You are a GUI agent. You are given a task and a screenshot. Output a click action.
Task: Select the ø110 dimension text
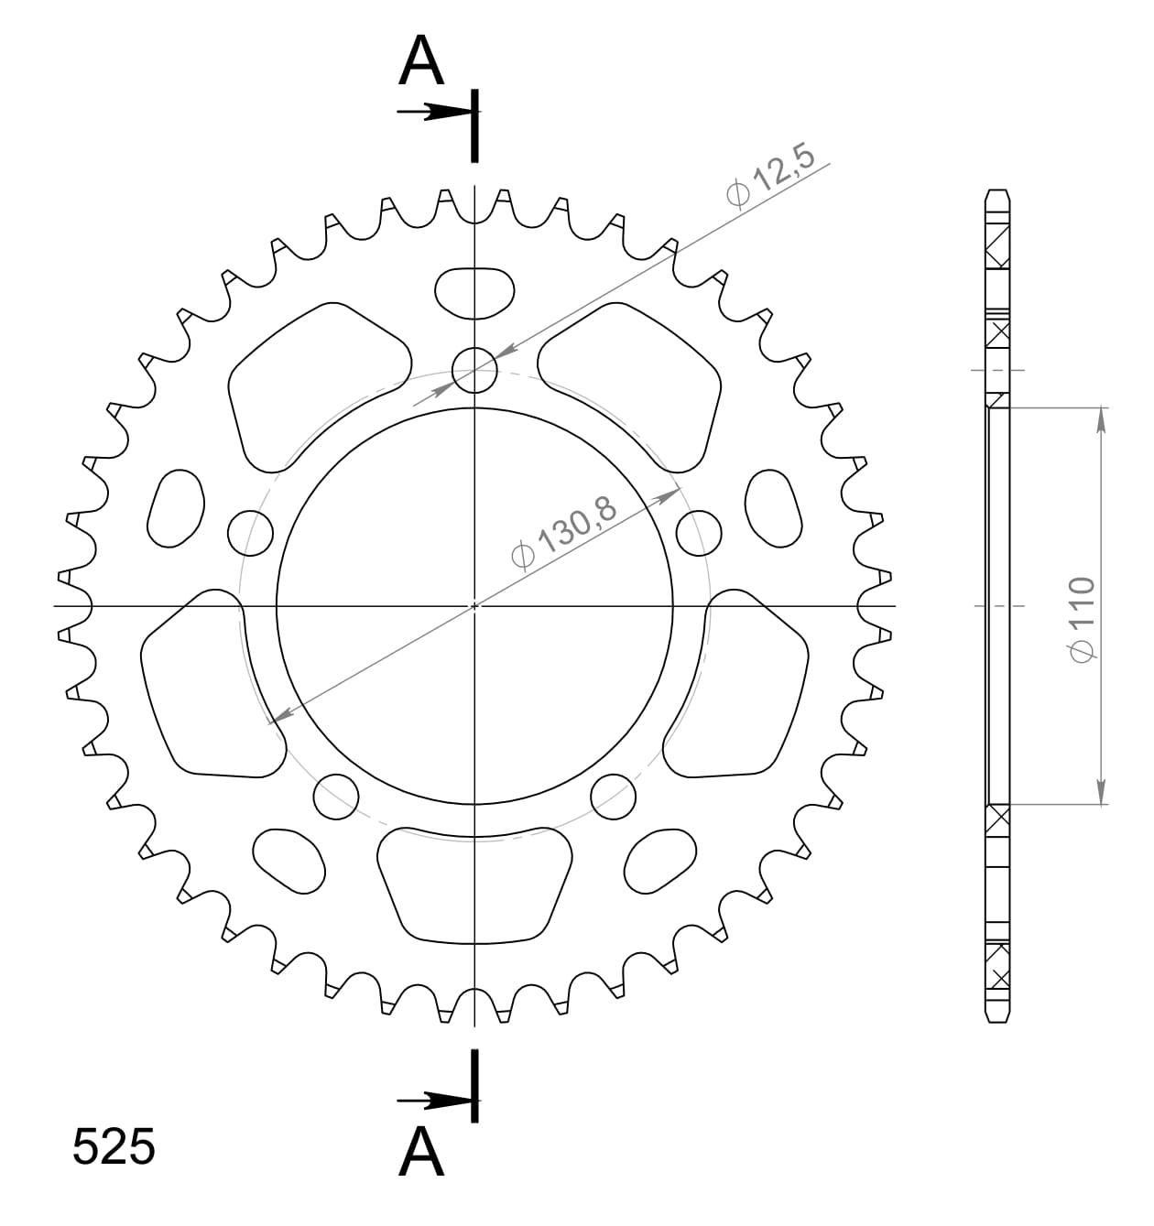tap(1081, 618)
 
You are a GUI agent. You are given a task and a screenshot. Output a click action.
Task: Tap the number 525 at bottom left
tap(114, 1147)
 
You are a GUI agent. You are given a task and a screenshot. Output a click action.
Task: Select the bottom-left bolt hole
tap(335, 797)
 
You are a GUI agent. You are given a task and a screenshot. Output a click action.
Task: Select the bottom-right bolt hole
tap(614, 797)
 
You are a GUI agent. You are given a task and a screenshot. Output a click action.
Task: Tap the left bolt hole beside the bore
tap(250, 532)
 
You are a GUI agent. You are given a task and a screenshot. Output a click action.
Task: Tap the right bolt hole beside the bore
tap(700, 532)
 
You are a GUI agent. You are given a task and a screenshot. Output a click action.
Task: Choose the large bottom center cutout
tap(474, 884)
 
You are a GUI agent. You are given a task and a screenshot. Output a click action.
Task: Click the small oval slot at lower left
tap(289, 862)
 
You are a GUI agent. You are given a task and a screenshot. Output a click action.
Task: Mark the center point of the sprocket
tap(474, 605)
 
